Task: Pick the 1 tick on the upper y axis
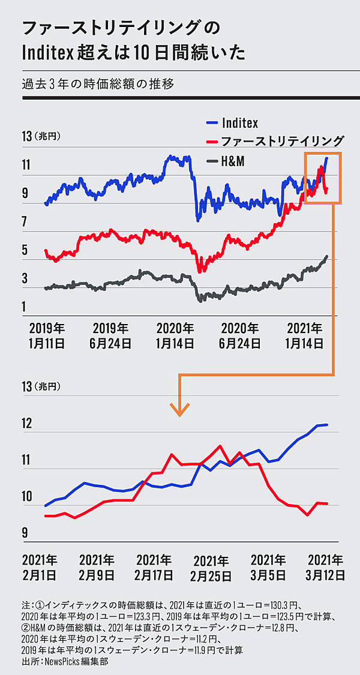coord(25,307)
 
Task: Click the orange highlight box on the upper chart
coord(323,178)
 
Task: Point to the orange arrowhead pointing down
coord(179,409)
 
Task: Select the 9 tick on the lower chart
coord(25,532)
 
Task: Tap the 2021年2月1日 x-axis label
coord(40,567)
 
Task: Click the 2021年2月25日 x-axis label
coord(211,568)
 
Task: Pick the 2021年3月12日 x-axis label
coord(325,567)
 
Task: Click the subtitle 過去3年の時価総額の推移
coord(97,83)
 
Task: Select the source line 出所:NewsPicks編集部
coord(67,662)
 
